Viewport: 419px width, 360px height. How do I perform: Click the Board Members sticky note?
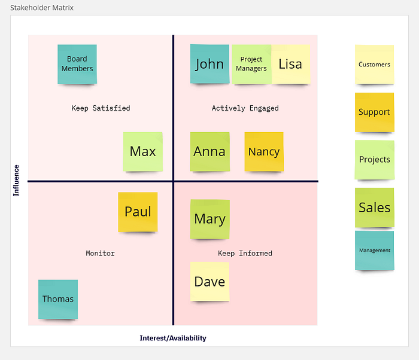point(77,64)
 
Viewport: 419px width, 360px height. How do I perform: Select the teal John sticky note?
point(209,64)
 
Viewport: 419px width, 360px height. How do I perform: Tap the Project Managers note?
point(251,64)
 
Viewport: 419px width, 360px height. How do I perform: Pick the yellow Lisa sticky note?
point(291,64)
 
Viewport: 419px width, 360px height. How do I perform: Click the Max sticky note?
point(142,152)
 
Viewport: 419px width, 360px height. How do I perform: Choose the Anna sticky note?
point(209,152)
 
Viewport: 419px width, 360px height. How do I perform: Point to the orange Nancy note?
point(264,152)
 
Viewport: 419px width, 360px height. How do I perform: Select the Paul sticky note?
point(138,212)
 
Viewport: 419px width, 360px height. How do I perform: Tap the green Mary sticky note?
point(209,219)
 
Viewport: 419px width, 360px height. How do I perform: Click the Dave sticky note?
point(209,282)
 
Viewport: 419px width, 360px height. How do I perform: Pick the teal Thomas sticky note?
point(58,300)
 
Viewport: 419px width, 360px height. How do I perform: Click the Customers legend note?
point(374,65)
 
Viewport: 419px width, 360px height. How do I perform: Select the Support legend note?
point(374,112)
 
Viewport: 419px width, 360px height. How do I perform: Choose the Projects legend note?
point(374,160)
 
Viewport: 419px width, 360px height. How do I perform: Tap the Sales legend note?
point(374,208)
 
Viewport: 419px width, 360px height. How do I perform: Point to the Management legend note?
point(374,251)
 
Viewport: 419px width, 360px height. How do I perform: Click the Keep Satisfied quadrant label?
point(101,108)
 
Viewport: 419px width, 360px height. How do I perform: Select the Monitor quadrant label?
point(100,253)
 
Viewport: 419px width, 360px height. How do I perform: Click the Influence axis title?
point(16,181)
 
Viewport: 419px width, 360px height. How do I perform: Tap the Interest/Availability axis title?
point(173,338)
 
